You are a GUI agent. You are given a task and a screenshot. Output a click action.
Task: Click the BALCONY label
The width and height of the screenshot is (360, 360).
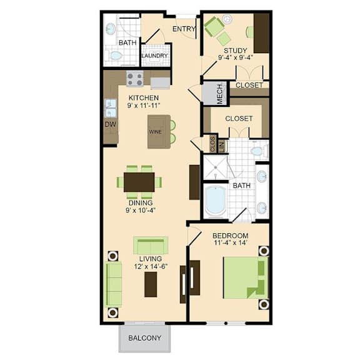[144, 337]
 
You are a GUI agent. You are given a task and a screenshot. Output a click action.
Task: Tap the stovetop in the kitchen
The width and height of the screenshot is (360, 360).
[135, 79]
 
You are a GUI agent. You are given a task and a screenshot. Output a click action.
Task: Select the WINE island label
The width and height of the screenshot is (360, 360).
[156, 132]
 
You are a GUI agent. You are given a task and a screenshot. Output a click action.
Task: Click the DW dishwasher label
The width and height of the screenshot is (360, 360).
[111, 124]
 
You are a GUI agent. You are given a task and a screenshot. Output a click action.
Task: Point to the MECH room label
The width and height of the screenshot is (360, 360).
[220, 94]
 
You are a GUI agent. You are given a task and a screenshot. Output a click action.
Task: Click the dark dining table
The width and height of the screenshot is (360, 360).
[139, 182]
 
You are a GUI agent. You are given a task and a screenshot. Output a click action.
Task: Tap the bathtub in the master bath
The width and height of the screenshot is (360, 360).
[215, 201]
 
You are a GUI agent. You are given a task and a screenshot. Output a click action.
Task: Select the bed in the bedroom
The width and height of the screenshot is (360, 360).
[246, 277]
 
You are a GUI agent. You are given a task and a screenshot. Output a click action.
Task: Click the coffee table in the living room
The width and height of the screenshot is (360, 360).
[151, 284]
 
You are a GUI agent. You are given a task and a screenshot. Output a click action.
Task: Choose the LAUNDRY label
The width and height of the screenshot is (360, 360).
[154, 56]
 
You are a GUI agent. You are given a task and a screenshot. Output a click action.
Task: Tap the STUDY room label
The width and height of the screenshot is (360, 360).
[236, 51]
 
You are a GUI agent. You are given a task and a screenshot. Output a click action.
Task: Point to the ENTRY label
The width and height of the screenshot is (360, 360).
[184, 29]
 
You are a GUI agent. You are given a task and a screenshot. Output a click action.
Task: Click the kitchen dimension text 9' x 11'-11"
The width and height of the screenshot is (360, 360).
[144, 106]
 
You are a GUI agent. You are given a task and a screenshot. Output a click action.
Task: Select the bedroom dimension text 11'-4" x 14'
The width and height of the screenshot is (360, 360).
[230, 242]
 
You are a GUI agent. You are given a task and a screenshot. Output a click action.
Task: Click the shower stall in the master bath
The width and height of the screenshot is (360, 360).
[216, 167]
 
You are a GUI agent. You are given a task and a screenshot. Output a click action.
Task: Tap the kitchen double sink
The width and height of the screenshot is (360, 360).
[111, 108]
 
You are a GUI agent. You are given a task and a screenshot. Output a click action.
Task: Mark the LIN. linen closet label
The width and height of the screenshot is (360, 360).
[222, 146]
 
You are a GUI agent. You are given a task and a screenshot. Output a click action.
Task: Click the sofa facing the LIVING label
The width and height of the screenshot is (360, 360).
[151, 246]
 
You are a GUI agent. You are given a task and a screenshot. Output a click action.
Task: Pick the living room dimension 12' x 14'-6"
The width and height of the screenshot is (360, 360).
[151, 266]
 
